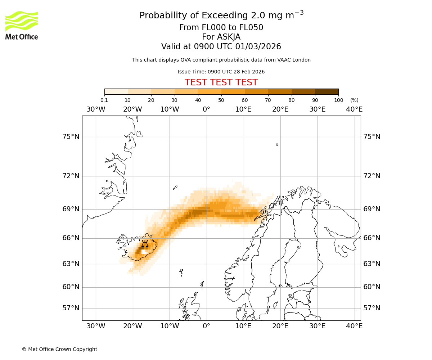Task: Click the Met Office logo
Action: [x=22, y=25]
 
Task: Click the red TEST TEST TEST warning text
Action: [x=221, y=83]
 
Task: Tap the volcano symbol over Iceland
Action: [x=145, y=244]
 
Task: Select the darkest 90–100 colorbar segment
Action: [x=327, y=92]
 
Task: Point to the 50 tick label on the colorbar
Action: [x=221, y=100]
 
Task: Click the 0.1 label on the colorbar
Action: [x=104, y=100]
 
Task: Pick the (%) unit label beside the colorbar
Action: [x=354, y=100]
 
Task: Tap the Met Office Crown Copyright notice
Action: [x=59, y=350]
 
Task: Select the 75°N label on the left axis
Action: [x=71, y=137]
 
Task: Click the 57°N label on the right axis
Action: [x=372, y=308]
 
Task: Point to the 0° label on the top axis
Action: [x=206, y=109]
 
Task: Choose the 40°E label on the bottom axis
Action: [x=354, y=326]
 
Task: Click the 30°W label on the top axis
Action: [x=96, y=109]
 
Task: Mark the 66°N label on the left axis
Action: [x=71, y=238]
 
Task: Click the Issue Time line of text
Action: [x=221, y=72]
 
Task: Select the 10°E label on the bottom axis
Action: [x=243, y=326]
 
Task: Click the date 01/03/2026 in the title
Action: [x=258, y=47]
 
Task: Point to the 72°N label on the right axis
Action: [x=372, y=176]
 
